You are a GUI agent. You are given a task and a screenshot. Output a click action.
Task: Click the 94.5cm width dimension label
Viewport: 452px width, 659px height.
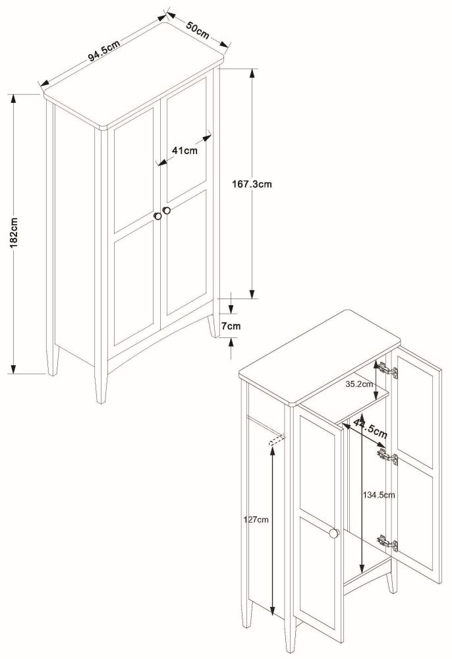pos(103,51)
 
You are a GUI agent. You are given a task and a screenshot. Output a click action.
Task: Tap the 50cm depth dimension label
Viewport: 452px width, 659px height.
pos(197,30)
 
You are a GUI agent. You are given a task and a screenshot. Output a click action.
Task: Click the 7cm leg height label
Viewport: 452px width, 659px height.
pos(231,326)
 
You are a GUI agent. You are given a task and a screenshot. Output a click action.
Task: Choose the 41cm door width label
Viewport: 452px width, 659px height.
pos(184,150)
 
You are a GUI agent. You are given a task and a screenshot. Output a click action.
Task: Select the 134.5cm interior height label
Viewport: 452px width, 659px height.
pos(379,494)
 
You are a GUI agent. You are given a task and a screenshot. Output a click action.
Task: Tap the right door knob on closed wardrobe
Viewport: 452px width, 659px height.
pos(167,210)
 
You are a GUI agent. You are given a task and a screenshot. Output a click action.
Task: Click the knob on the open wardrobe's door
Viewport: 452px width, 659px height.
pos(334,533)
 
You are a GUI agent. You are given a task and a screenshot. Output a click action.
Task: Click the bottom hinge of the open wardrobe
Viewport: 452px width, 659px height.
pos(388,542)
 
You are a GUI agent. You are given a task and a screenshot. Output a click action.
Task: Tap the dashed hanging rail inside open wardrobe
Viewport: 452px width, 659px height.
pos(279,440)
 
